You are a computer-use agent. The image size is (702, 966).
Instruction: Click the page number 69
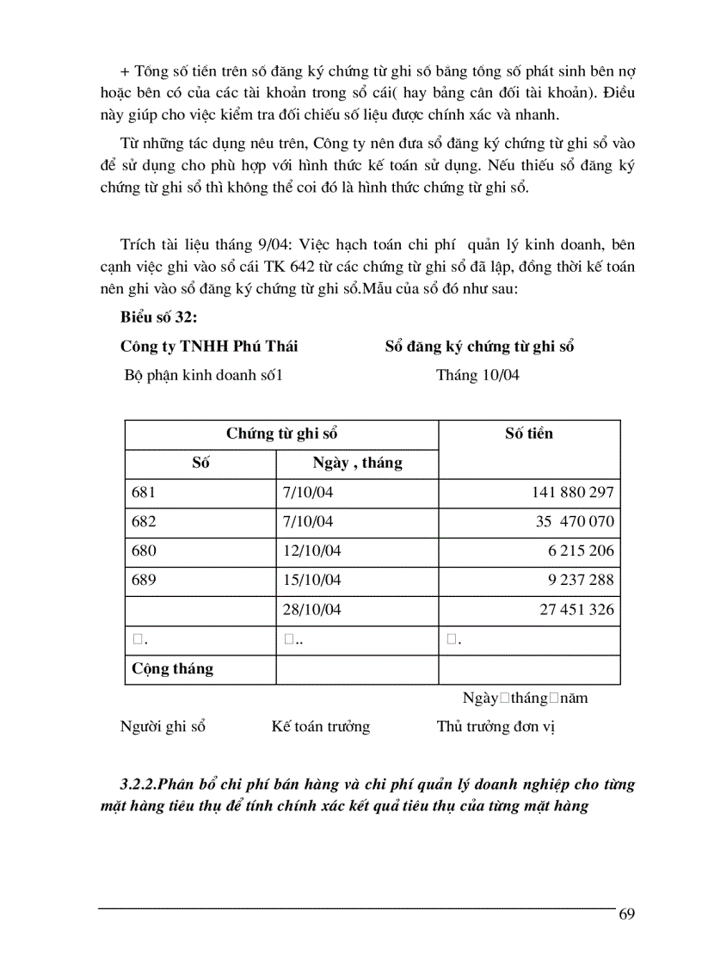pyautogui.click(x=626, y=914)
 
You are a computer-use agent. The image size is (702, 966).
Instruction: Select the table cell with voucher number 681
pyautogui.click(x=144, y=493)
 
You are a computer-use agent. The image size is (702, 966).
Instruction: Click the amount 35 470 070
pyautogui.click(x=574, y=522)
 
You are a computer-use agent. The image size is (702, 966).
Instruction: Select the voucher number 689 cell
pyautogui.click(x=144, y=580)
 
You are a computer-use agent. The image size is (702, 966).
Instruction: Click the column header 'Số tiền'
pyautogui.click(x=528, y=434)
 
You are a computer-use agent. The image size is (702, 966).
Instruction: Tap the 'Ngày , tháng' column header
pyautogui.click(x=357, y=463)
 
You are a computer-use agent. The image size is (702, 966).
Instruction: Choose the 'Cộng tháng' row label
pyautogui.click(x=172, y=668)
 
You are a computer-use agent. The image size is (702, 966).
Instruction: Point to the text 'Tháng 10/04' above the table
pyautogui.click(x=477, y=375)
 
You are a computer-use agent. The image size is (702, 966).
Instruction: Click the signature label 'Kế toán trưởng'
pyautogui.click(x=320, y=727)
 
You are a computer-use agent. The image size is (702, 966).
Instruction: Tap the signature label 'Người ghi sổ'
pyautogui.click(x=163, y=727)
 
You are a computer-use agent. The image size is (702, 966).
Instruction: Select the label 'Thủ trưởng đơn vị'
pyautogui.click(x=496, y=727)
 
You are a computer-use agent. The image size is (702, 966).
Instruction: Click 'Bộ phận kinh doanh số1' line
pyautogui.click(x=203, y=375)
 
